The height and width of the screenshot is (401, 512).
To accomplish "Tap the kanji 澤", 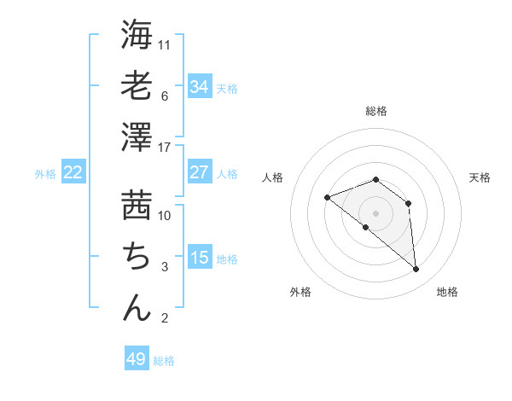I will (x=137, y=137).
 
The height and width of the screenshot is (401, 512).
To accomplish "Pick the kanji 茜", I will (x=137, y=205).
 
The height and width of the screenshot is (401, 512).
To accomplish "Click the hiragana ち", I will (x=137, y=256).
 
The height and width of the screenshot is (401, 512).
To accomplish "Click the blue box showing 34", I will (x=200, y=86).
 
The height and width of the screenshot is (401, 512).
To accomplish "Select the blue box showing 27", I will (x=200, y=172).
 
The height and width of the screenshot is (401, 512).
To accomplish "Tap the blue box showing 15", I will (x=200, y=258).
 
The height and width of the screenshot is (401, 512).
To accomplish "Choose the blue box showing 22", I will (x=73, y=172).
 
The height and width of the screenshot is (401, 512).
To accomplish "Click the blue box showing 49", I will (x=137, y=359).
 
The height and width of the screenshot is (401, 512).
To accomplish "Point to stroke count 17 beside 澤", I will (x=165, y=148).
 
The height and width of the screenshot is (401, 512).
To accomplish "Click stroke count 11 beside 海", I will (x=165, y=44).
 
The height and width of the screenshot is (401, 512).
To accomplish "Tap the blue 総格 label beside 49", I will (x=164, y=361).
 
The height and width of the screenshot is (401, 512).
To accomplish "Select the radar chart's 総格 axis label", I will (x=376, y=111).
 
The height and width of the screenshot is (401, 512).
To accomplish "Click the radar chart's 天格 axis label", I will (x=480, y=177).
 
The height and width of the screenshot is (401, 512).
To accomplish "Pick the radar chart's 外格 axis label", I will (x=300, y=292).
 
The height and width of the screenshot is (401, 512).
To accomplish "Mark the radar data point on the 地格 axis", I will (x=416, y=270).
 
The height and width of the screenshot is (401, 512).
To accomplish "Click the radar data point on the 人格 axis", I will (x=327, y=198).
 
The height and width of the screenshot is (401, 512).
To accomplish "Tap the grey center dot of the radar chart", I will (x=376, y=213).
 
